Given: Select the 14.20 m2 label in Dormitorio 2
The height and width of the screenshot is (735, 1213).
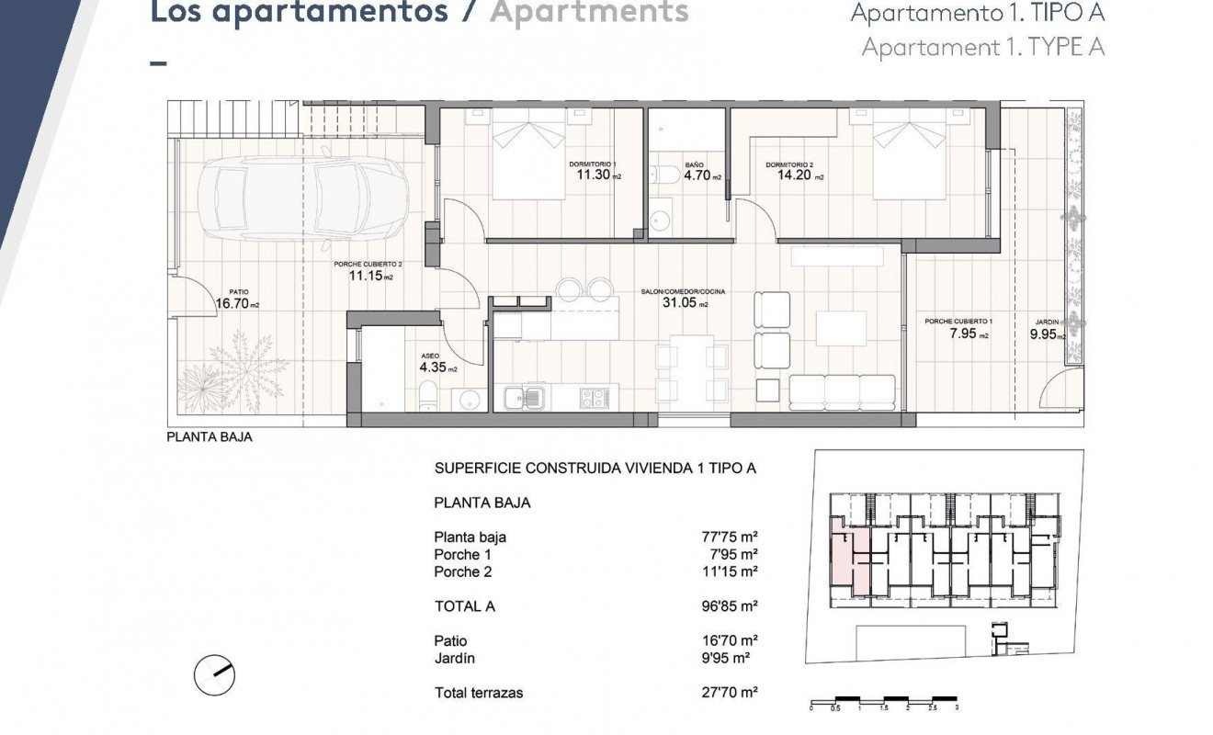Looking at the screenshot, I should [795, 175].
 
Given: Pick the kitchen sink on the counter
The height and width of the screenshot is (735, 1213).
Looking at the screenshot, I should [526, 398].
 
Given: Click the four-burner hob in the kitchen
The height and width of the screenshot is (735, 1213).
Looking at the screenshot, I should [595, 398].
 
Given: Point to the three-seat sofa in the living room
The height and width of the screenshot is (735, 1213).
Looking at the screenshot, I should [842, 392].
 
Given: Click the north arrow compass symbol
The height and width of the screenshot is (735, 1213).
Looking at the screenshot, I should [215, 677].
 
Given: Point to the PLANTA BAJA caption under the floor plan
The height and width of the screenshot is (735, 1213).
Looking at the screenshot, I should [209, 437].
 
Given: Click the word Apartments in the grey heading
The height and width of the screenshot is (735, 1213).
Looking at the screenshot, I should [588, 13].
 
